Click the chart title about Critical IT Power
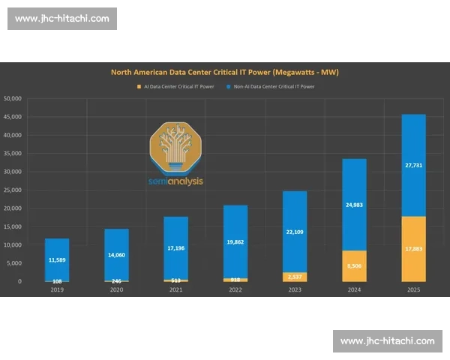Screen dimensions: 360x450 [x=225, y=72]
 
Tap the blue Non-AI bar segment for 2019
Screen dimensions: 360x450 [x=57, y=259]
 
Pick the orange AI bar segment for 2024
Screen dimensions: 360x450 [x=355, y=266]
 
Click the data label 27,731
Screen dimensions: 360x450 [x=414, y=165]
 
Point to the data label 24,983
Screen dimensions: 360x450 [x=355, y=204]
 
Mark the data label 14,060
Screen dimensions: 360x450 [x=116, y=255]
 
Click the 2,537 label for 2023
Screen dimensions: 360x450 [x=295, y=277]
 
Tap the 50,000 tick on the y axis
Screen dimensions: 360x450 [x=12, y=98]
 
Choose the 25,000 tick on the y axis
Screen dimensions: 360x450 [x=12, y=190]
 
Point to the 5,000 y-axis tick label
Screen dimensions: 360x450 [x=14, y=263]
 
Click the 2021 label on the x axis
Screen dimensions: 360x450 [x=175, y=290]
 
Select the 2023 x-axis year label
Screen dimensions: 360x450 [x=295, y=290]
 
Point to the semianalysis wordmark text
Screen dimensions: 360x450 [x=175, y=181]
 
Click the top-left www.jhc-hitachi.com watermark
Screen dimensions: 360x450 [x=62, y=18]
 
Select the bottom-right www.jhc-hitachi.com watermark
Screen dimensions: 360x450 [x=387, y=341]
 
